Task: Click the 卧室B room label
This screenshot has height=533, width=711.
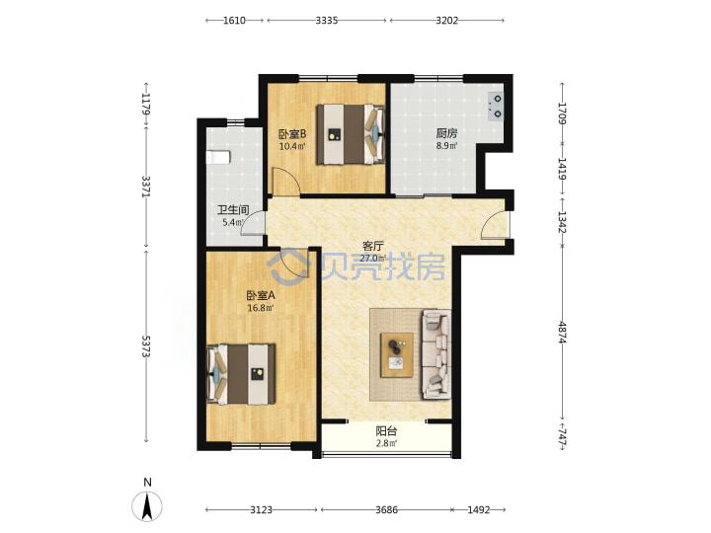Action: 292,134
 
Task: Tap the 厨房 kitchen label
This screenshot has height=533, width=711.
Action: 446,133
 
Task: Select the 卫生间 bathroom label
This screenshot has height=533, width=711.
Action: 233,210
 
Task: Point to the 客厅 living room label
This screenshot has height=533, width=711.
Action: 373,246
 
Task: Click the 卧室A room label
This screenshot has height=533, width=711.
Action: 261,295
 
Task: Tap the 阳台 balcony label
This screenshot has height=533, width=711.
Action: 386,431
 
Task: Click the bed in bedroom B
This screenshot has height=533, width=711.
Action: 351,134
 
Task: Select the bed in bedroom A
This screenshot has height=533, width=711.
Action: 241,374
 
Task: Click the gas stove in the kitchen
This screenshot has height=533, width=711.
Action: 496,106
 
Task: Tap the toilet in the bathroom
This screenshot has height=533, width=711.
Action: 218,157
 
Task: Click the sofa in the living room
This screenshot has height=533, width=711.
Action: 436,354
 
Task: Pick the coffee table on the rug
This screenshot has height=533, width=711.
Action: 397,355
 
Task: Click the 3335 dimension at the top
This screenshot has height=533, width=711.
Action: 327,21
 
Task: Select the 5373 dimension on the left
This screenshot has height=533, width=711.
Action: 145,346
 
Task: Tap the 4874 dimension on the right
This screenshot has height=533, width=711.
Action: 562,333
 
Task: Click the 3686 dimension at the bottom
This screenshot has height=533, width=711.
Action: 386,510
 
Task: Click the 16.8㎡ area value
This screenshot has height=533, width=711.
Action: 261,308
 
